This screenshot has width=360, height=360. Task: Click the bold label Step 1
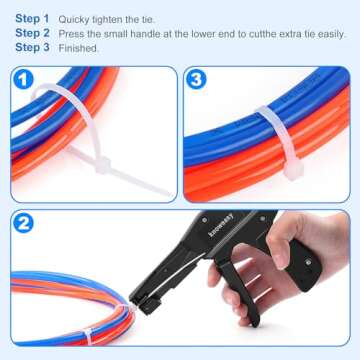(x=32, y=18)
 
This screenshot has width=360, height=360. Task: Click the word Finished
(x=79, y=47)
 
